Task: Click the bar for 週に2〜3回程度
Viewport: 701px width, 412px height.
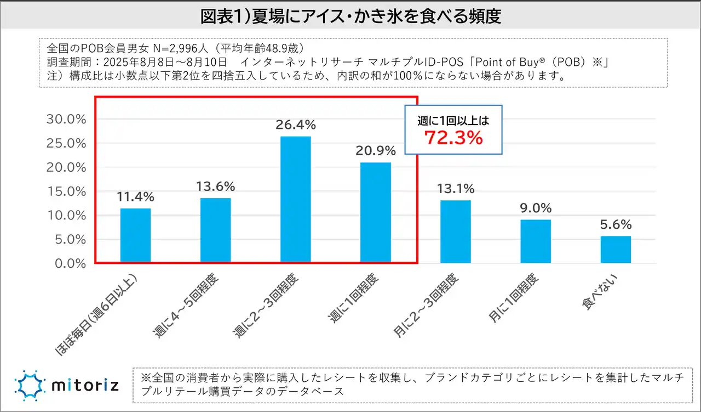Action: (x=295, y=200)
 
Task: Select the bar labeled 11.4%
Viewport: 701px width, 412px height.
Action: (x=135, y=236)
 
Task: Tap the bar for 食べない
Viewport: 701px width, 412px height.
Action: (x=616, y=250)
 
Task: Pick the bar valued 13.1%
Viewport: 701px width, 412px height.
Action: (x=456, y=232)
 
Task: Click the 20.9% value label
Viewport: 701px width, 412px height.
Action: (x=375, y=151)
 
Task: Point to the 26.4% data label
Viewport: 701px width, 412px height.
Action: (x=295, y=125)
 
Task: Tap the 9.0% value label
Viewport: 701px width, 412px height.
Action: (x=536, y=208)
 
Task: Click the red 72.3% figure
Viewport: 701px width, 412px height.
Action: (x=453, y=138)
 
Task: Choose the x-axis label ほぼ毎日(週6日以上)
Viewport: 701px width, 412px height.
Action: (x=101, y=313)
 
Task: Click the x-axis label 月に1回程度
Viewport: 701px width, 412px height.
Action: (x=515, y=300)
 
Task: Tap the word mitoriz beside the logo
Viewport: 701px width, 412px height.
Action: (x=84, y=386)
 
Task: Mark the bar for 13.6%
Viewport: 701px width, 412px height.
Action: (x=215, y=230)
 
